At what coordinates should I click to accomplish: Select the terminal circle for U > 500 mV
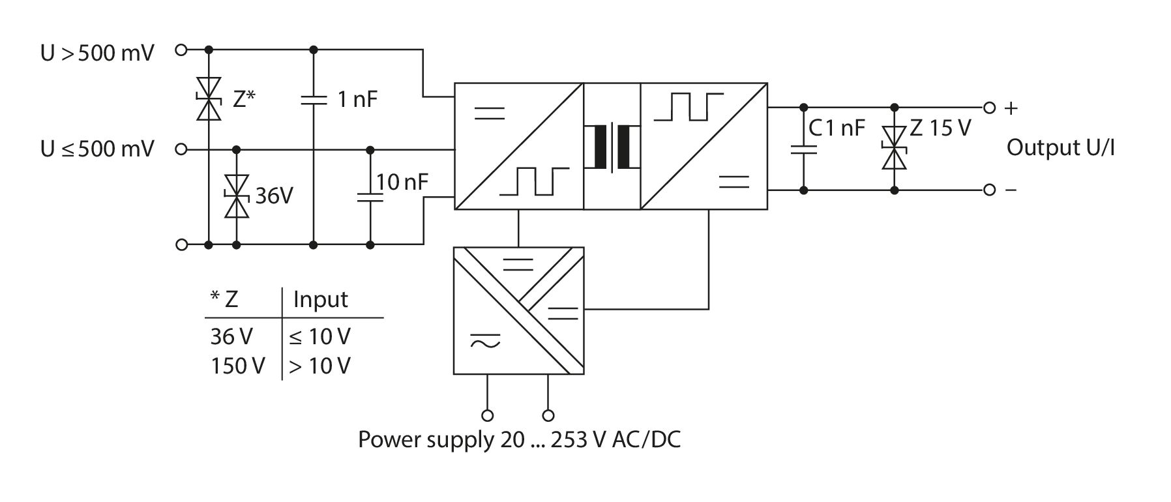(x=182, y=49)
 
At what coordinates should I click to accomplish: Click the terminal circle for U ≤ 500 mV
(x=182, y=149)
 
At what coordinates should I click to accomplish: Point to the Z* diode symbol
(x=209, y=98)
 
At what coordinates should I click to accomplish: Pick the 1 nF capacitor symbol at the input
(x=313, y=100)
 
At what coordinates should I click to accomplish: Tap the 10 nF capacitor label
(x=402, y=182)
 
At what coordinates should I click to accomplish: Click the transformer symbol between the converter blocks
(x=612, y=147)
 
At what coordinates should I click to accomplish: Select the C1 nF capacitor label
(x=837, y=128)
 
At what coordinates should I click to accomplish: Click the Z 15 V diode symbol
(x=895, y=147)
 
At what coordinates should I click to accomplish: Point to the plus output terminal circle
(x=989, y=108)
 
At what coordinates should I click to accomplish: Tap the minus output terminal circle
(x=989, y=190)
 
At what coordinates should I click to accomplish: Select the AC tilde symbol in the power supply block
(x=485, y=340)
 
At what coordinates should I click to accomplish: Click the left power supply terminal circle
(x=486, y=415)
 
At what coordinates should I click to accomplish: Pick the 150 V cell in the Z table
(x=237, y=366)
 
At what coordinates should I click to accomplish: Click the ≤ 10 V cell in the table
(x=319, y=336)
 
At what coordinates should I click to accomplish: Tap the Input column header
(x=320, y=299)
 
